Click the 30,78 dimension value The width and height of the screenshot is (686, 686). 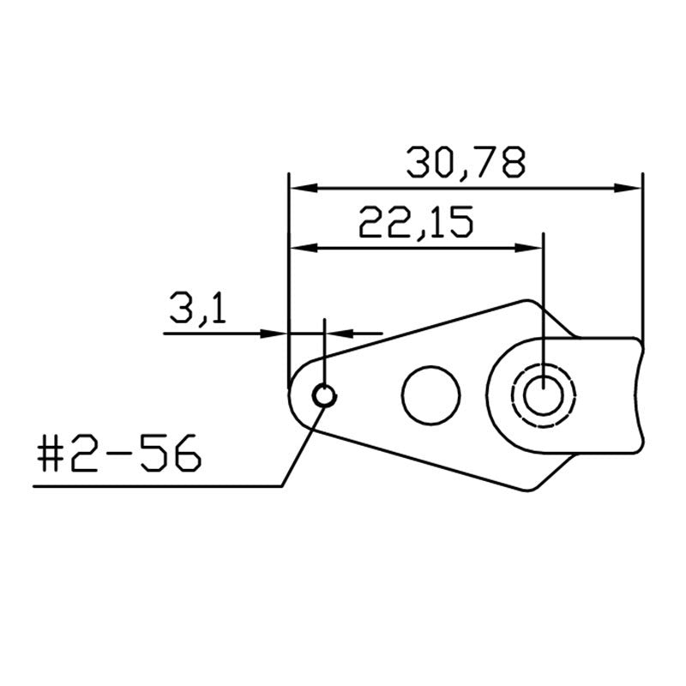tap(466, 162)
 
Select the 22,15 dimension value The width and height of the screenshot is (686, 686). tap(416, 222)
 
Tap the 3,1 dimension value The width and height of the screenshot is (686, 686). tap(198, 308)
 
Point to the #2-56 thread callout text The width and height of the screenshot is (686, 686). tap(119, 454)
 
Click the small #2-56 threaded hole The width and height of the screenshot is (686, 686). tap(324, 395)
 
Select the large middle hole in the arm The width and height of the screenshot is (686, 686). tap(431, 395)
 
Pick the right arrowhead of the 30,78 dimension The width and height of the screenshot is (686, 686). tap(628, 188)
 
